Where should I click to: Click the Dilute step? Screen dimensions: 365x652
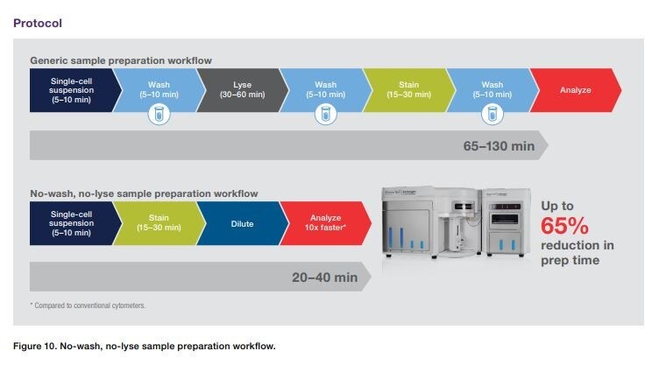tap(242, 223)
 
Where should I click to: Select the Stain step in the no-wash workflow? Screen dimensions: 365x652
tap(159, 223)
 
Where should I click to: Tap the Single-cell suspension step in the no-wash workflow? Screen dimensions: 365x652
tap(73, 223)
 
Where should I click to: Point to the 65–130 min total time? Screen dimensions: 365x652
tap(498, 145)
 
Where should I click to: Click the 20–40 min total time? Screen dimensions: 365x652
tap(324, 277)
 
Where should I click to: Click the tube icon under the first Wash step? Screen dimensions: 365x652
tap(158, 114)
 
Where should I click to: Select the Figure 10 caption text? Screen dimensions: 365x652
tap(145, 346)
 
